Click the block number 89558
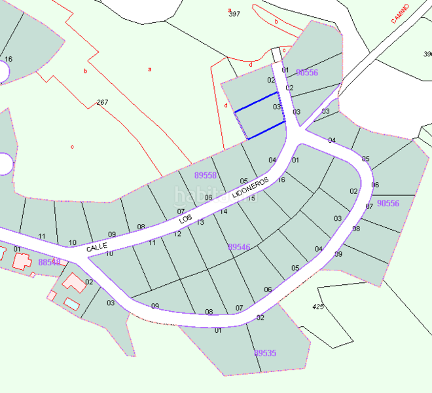[x=206, y=175]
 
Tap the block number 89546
[x=239, y=247]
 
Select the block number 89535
[x=265, y=353]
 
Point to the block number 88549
[x=49, y=262]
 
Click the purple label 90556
[x=388, y=204]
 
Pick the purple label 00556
[x=307, y=73]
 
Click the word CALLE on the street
[x=96, y=246]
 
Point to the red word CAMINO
[x=400, y=14]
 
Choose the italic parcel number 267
[x=102, y=102]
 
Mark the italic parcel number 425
[x=319, y=306]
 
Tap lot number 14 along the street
[x=223, y=212]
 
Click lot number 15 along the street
[x=251, y=198]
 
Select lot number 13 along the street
[x=200, y=223]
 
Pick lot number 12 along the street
[x=177, y=234]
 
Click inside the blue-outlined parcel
[x=260, y=116]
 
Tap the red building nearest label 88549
[x=23, y=261]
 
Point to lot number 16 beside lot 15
[x=281, y=180]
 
